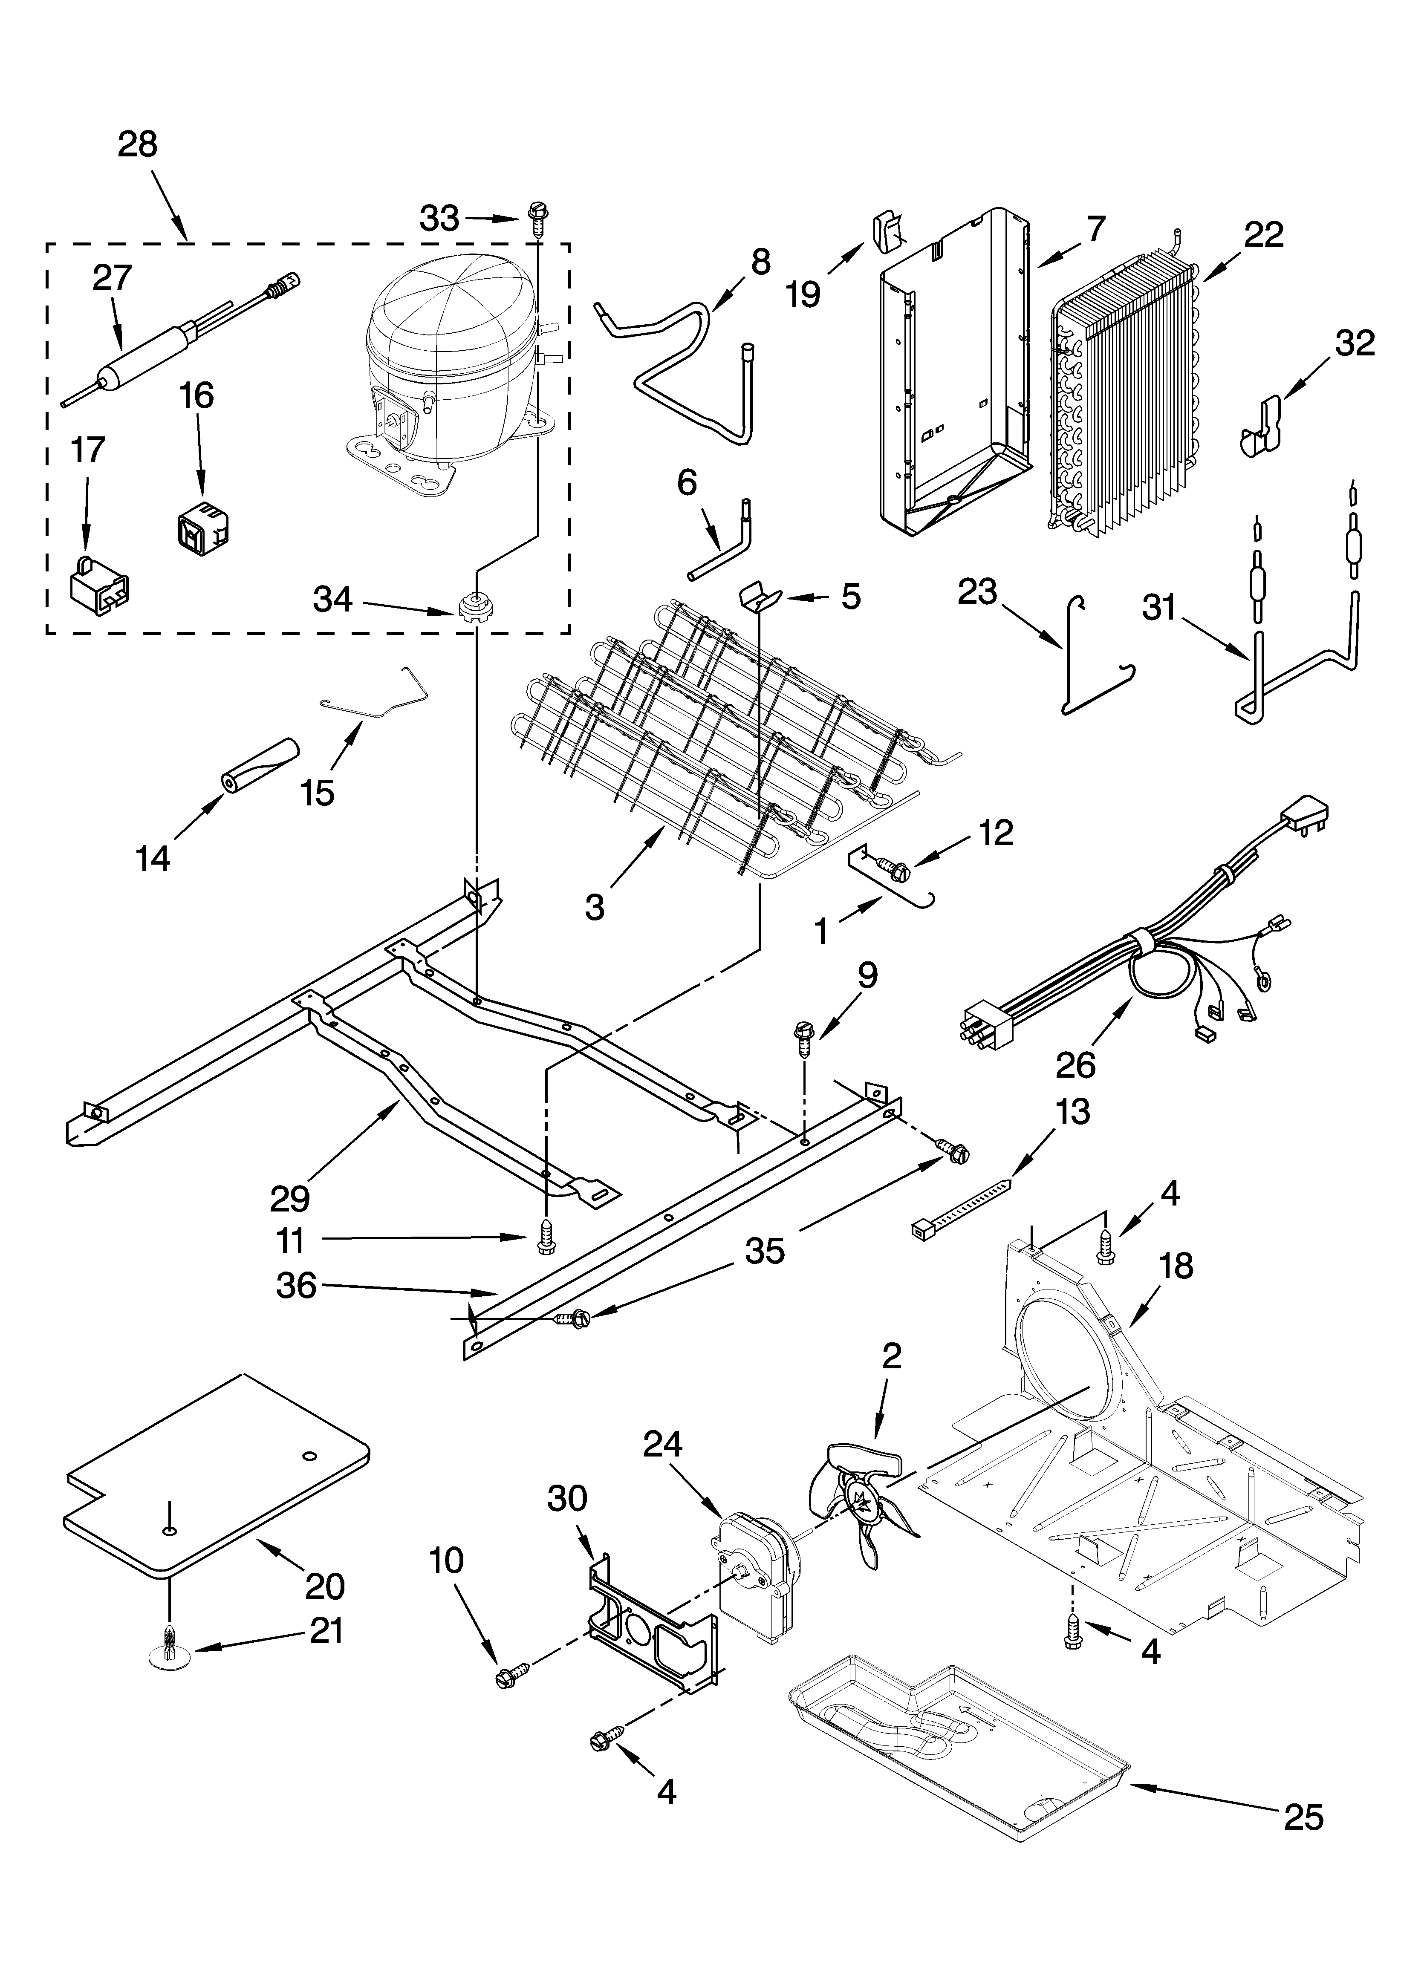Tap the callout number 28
(x=137, y=144)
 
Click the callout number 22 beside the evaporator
(x=1263, y=234)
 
